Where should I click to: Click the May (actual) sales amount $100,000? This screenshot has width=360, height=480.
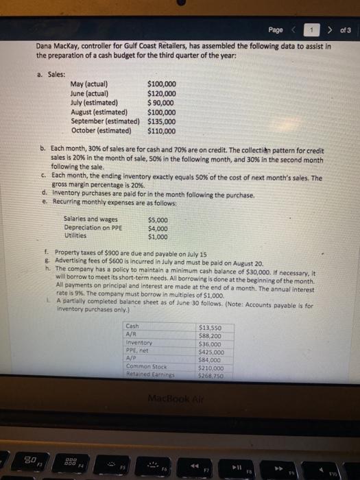tap(162, 86)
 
